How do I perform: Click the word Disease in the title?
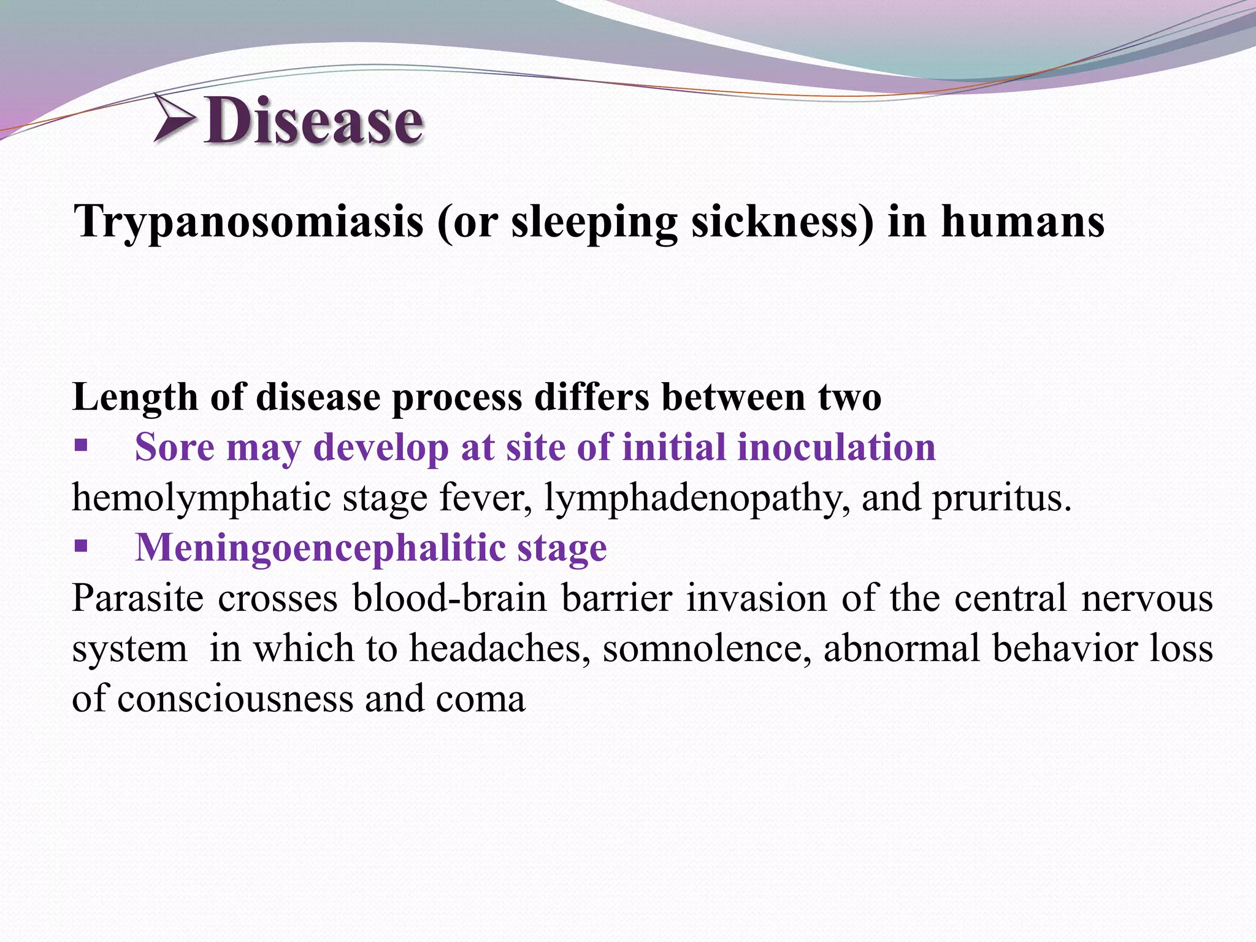click(313, 121)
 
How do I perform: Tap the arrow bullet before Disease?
click(174, 118)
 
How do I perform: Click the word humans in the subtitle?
click(1023, 221)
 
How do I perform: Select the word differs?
click(591, 397)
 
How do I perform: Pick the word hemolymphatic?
click(202, 498)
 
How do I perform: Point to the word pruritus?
click(1001, 498)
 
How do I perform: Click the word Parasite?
click(137, 598)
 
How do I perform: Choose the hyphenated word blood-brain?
click(449, 598)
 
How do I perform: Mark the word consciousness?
click(235, 699)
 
